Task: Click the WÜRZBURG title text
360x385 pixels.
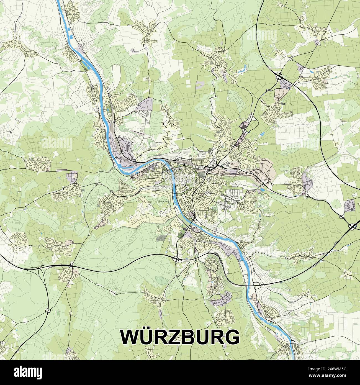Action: (180, 337)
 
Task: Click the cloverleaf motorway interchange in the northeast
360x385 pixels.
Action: (279, 75)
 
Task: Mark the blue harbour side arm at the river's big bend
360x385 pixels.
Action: (123, 166)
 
